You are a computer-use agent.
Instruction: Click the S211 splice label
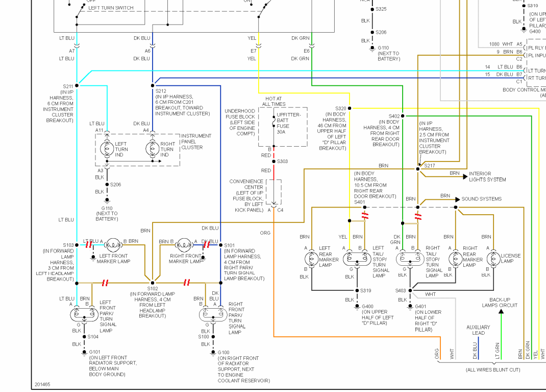tap(68, 86)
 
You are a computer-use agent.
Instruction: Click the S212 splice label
tap(161, 91)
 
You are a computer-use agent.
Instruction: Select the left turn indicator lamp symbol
tap(107, 149)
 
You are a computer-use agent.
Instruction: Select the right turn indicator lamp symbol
tap(153, 149)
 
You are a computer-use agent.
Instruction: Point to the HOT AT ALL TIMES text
tap(273, 101)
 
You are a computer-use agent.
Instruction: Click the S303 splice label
tap(282, 162)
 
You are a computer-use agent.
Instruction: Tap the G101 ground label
tap(95, 352)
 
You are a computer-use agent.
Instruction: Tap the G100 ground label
tap(224, 353)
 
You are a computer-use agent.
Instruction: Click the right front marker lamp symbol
tap(183, 245)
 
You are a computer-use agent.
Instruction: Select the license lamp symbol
tap(493, 258)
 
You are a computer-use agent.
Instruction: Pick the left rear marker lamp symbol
tap(311, 258)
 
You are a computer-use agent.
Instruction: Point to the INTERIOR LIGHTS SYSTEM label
tap(487, 177)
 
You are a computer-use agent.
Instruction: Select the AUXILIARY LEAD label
tap(478, 330)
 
